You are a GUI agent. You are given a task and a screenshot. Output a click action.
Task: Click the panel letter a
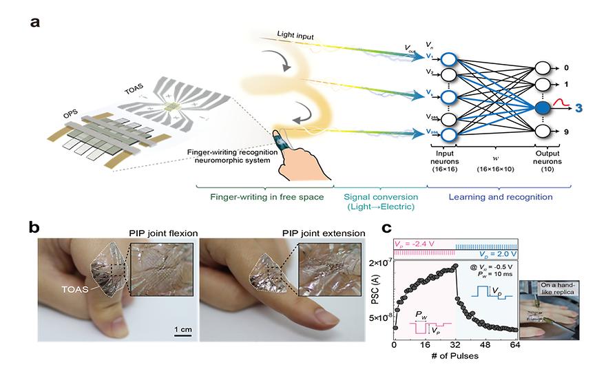pyautogui.click(x=34, y=22)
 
